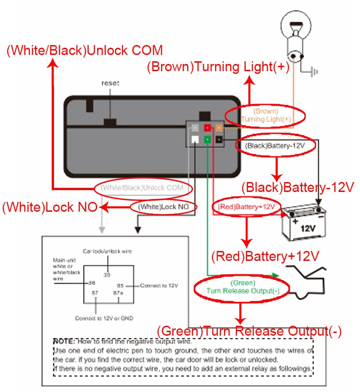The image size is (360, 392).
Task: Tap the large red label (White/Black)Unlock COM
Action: pos(85,50)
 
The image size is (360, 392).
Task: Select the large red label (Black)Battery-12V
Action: pos(298,187)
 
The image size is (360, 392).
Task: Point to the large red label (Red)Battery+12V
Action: pos(265,256)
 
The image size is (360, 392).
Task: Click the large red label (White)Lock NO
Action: pos(49,208)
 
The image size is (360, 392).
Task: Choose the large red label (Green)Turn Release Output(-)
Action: pos(249,332)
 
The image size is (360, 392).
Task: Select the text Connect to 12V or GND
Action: pos(104,318)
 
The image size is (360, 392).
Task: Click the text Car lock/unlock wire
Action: pos(107,251)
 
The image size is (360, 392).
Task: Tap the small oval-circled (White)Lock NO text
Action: pos(164,207)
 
